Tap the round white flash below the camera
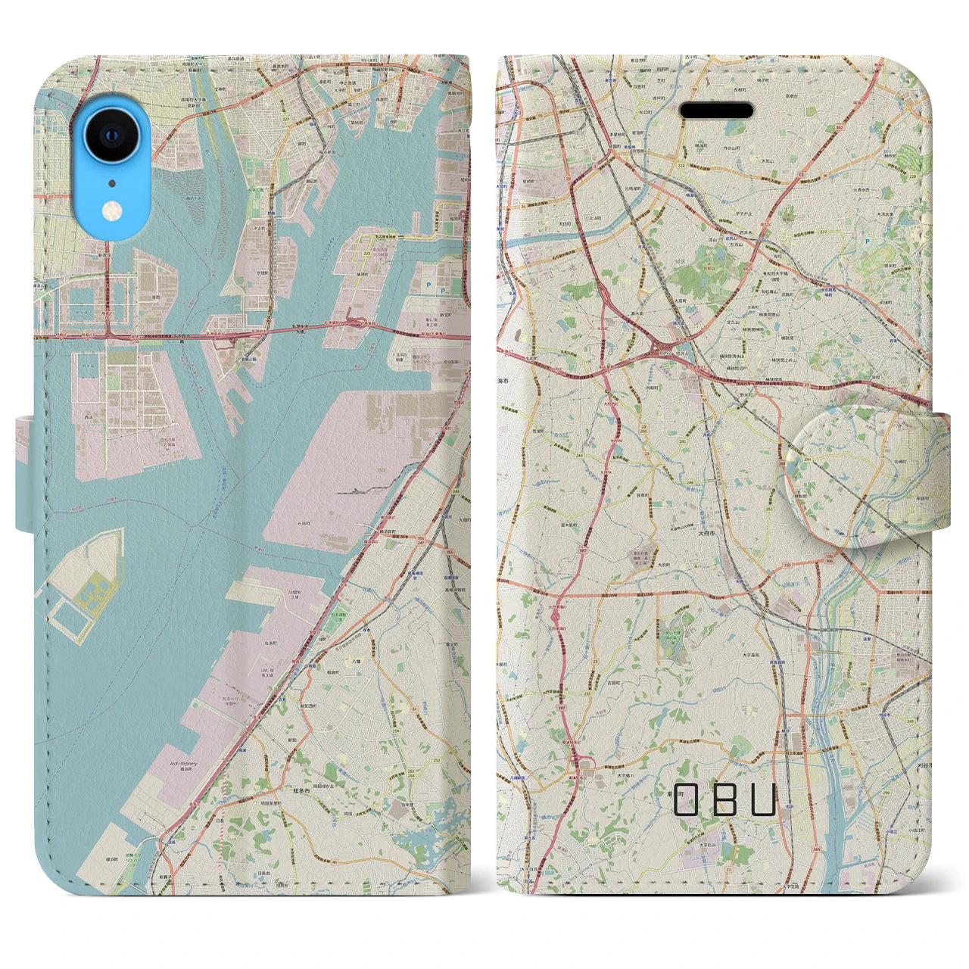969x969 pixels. pos(112,208)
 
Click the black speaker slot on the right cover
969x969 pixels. pos(716,111)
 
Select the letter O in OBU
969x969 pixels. pos(685,799)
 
